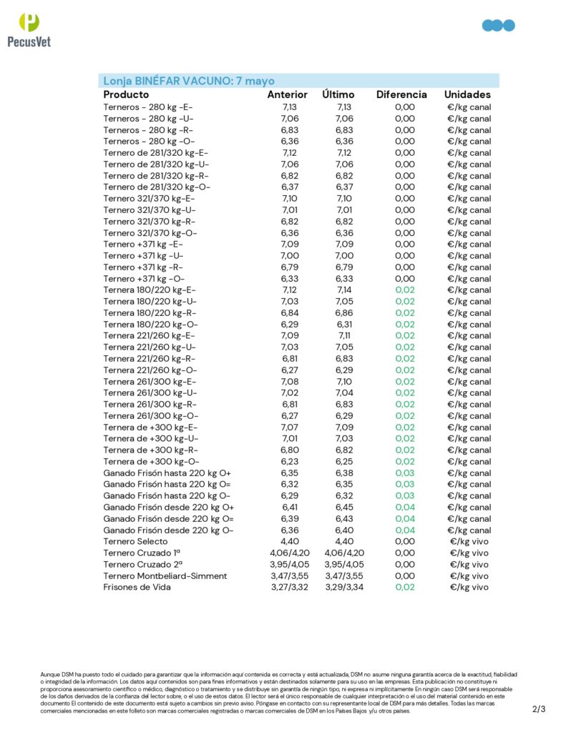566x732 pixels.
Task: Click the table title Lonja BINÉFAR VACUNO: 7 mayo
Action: (x=189, y=81)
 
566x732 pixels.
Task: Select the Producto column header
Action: (x=126, y=94)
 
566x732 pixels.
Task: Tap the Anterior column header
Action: (x=287, y=94)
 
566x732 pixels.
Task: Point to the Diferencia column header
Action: (x=401, y=94)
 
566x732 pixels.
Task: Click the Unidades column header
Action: (x=467, y=94)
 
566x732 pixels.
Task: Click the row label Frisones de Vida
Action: (x=137, y=588)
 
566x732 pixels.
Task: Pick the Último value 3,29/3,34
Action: (x=344, y=588)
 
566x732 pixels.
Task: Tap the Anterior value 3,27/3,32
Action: (x=290, y=588)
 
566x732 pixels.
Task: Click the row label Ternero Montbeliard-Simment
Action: (x=165, y=576)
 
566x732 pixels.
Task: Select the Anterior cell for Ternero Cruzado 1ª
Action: (x=290, y=553)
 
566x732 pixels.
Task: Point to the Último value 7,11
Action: (x=344, y=336)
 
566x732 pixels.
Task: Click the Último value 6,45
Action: (x=344, y=508)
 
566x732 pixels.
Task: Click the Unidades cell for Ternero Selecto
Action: (x=469, y=542)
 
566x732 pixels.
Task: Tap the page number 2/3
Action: (x=539, y=710)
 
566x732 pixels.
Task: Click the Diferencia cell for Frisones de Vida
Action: (x=404, y=588)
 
